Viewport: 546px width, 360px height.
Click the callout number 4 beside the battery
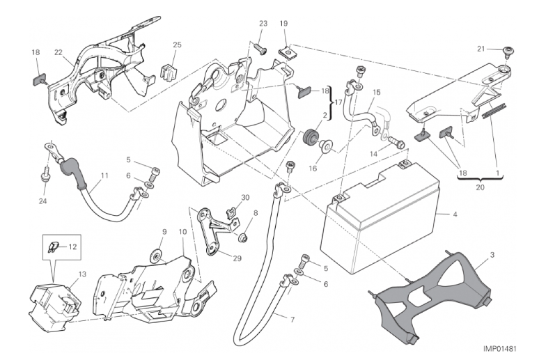[x=455, y=214]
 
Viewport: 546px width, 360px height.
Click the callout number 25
[x=177, y=45]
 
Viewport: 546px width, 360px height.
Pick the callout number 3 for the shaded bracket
[x=492, y=257]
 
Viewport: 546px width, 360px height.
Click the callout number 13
[x=81, y=274]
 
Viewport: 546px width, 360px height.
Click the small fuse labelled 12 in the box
[x=54, y=245]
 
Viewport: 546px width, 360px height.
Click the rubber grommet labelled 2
[x=309, y=134]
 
